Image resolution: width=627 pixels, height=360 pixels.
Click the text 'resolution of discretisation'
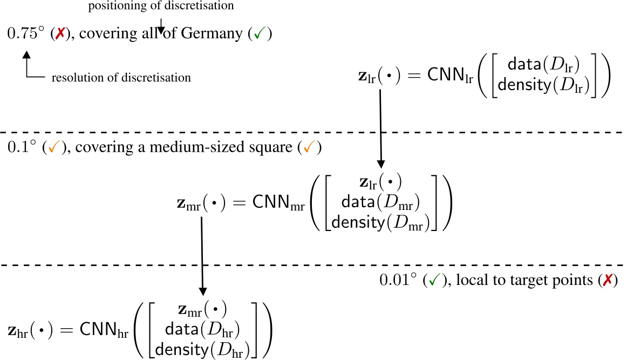pos(121,78)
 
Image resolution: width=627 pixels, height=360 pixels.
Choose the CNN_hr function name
pos(104,329)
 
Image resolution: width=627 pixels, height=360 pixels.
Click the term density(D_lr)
pos(544,86)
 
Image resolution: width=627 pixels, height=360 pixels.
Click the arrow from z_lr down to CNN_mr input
pos(380,130)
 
